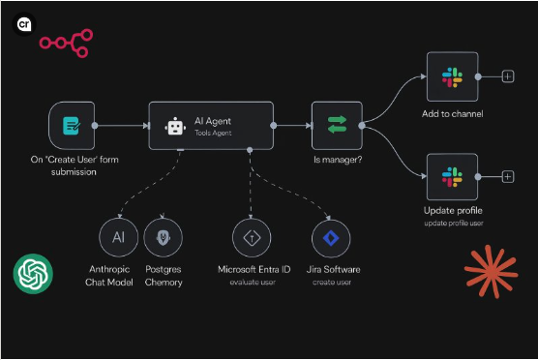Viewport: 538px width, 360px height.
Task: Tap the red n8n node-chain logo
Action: pos(65,43)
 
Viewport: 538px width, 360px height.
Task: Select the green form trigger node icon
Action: pos(72,125)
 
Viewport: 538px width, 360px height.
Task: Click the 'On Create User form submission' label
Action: pos(72,165)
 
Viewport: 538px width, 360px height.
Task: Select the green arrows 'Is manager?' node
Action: pos(336,125)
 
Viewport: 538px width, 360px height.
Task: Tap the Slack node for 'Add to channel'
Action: pos(452,75)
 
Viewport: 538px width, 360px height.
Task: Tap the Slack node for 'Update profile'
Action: pos(452,176)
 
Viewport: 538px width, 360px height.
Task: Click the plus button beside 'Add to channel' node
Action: pos(508,75)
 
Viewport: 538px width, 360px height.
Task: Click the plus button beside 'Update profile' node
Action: pos(508,176)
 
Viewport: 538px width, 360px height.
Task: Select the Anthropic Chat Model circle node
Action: pos(118,237)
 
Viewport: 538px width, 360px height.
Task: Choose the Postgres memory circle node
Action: pos(163,237)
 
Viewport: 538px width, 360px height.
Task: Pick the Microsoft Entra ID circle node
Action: pos(252,237)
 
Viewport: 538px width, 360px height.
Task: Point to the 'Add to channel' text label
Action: pos(453,114)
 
